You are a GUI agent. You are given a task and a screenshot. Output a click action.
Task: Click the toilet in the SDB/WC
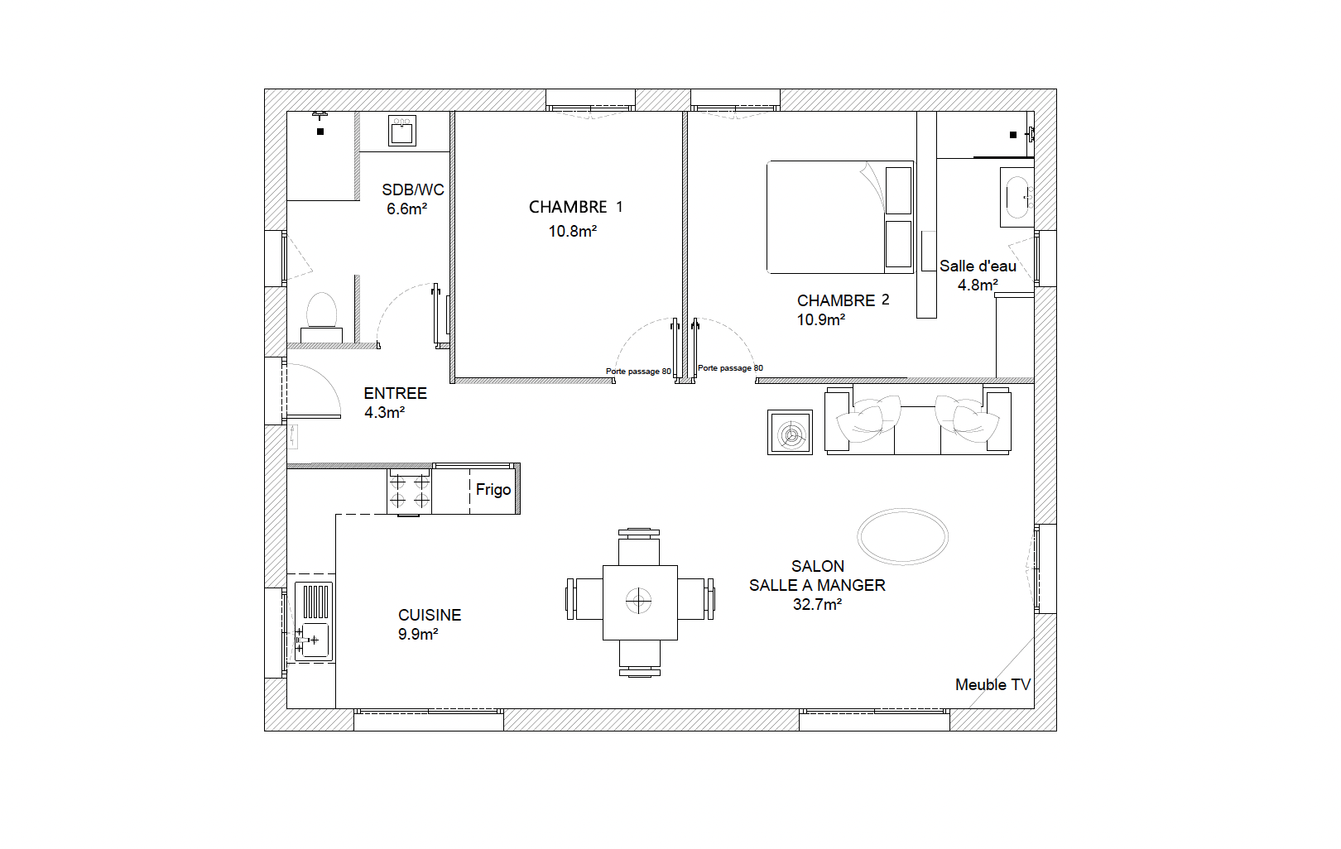pyautogui.click(x=321, y=318)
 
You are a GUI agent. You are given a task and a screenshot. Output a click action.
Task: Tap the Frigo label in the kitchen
pyautogui.click(x=493, y=489)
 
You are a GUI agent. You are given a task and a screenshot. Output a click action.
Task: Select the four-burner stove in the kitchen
pyautogui.click(x=410, y=491)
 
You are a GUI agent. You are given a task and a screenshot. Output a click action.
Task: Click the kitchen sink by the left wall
pyautogui.click(x=313, y=621)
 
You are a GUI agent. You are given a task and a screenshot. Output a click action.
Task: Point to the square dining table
pyautogui.click(x=640, y=602)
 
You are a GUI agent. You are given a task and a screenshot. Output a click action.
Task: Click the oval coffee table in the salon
pyautogui.click(x=902, y=536)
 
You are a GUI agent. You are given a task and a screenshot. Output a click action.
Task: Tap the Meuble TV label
pyautogui.click(x=993, y=684)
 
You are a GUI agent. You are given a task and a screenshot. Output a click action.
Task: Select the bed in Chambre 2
pyautogui.click(x=840, y=217)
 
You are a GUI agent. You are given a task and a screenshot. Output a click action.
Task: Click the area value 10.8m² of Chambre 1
pyautogui.click(x=573, y=231)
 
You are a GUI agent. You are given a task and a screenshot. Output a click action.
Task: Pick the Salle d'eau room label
pyautogui.click(x=978, y=266)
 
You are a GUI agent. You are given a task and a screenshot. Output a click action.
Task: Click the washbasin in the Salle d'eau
pyautogui.click(x=1017, y=197)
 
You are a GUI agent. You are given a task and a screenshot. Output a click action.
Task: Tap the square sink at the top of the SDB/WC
pyautogui.click(x=401, y=131)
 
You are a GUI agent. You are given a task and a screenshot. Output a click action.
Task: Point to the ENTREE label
pyautogui.click(x=395, y=393)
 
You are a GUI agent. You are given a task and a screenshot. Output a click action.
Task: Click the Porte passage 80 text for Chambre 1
pyautogui.click(x=638, y=371)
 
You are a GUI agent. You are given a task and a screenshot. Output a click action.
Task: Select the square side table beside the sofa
pyautogui.click(x=791, y=432)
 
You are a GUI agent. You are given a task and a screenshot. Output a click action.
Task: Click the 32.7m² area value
pyautogui.click(x=817, y=604)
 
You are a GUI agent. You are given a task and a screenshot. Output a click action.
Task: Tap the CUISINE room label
pyautogui.click(x=430, y=615)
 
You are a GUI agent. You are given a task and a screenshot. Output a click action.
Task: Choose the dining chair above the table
pyautogui.click(x=639, y=547)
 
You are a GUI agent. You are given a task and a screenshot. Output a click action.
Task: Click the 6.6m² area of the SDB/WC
pyautogui.click(x=406, y=209)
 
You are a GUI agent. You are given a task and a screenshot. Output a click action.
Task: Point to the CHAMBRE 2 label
pyautogui.click(x=843, y=300)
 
